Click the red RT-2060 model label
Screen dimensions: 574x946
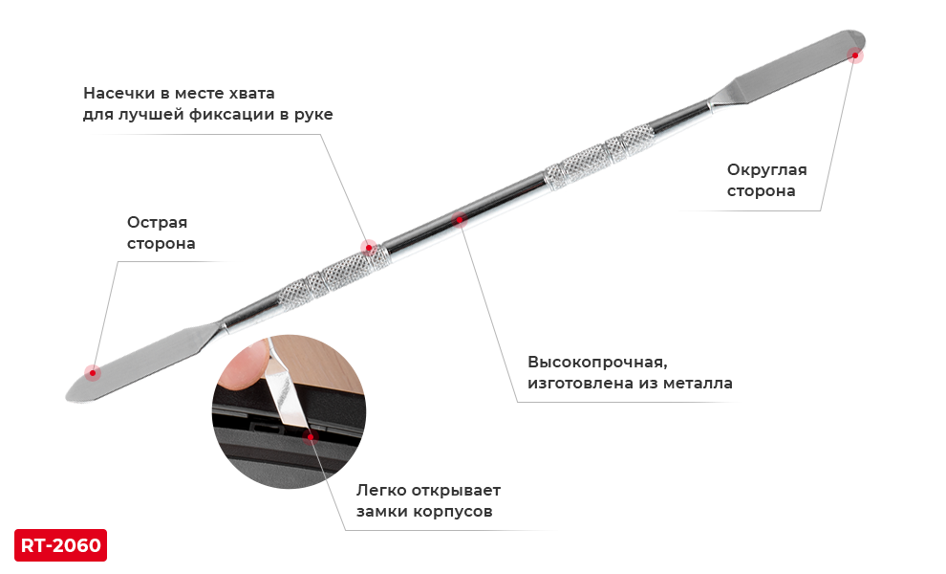point(61,545)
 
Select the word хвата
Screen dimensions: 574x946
point(252,94)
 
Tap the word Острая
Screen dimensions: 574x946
point(157,223)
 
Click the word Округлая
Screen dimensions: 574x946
point(766,170)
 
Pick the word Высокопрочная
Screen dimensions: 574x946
point(596,363)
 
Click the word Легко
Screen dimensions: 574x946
point(382,491)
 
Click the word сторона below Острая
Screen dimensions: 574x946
point(161,244)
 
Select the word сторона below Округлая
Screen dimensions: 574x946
point(761,191)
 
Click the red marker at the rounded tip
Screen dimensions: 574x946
point(854,58)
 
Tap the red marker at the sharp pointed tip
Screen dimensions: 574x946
point(89,368)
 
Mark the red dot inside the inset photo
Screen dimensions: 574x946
point(310,436)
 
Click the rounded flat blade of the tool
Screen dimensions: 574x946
point(774,80)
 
